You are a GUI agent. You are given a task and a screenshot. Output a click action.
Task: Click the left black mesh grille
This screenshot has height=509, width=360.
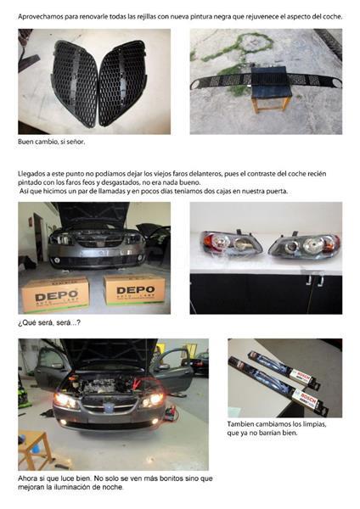tap(75, 83)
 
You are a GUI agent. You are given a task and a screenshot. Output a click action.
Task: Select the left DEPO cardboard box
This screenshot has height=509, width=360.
tap(55, 294)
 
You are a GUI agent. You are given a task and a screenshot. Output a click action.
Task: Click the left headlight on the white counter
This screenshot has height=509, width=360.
tap(231, 243)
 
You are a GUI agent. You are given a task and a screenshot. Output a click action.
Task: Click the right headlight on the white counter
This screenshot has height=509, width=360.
tap(304, 245)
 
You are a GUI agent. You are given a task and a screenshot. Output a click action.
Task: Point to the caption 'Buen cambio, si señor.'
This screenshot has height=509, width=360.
tap(51, 142)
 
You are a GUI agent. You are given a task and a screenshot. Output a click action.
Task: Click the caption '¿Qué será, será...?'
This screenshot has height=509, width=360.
tap(49, 323)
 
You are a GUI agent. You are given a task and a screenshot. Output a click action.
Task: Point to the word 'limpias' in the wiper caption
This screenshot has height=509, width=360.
tap(313, 424)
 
